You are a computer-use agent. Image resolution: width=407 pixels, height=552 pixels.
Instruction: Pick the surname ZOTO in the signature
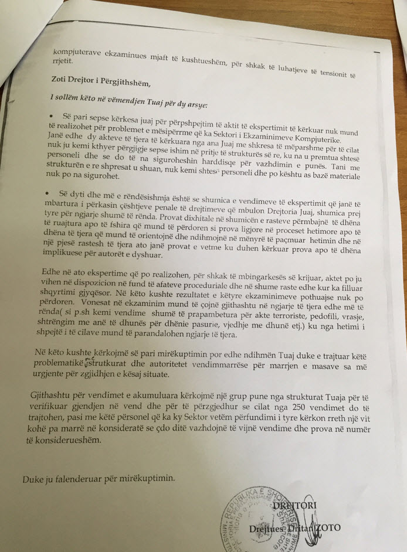[324, 527]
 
